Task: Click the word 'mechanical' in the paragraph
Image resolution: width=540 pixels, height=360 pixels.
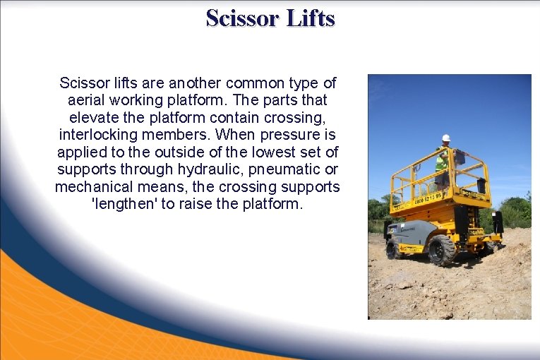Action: point(92,187)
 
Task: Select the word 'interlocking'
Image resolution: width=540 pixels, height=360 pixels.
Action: point(97,135)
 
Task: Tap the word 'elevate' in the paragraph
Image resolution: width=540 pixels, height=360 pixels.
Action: point(94,117)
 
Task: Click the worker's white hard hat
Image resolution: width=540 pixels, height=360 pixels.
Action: point(445,138)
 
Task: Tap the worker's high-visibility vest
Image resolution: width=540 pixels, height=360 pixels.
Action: point(442,162)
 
